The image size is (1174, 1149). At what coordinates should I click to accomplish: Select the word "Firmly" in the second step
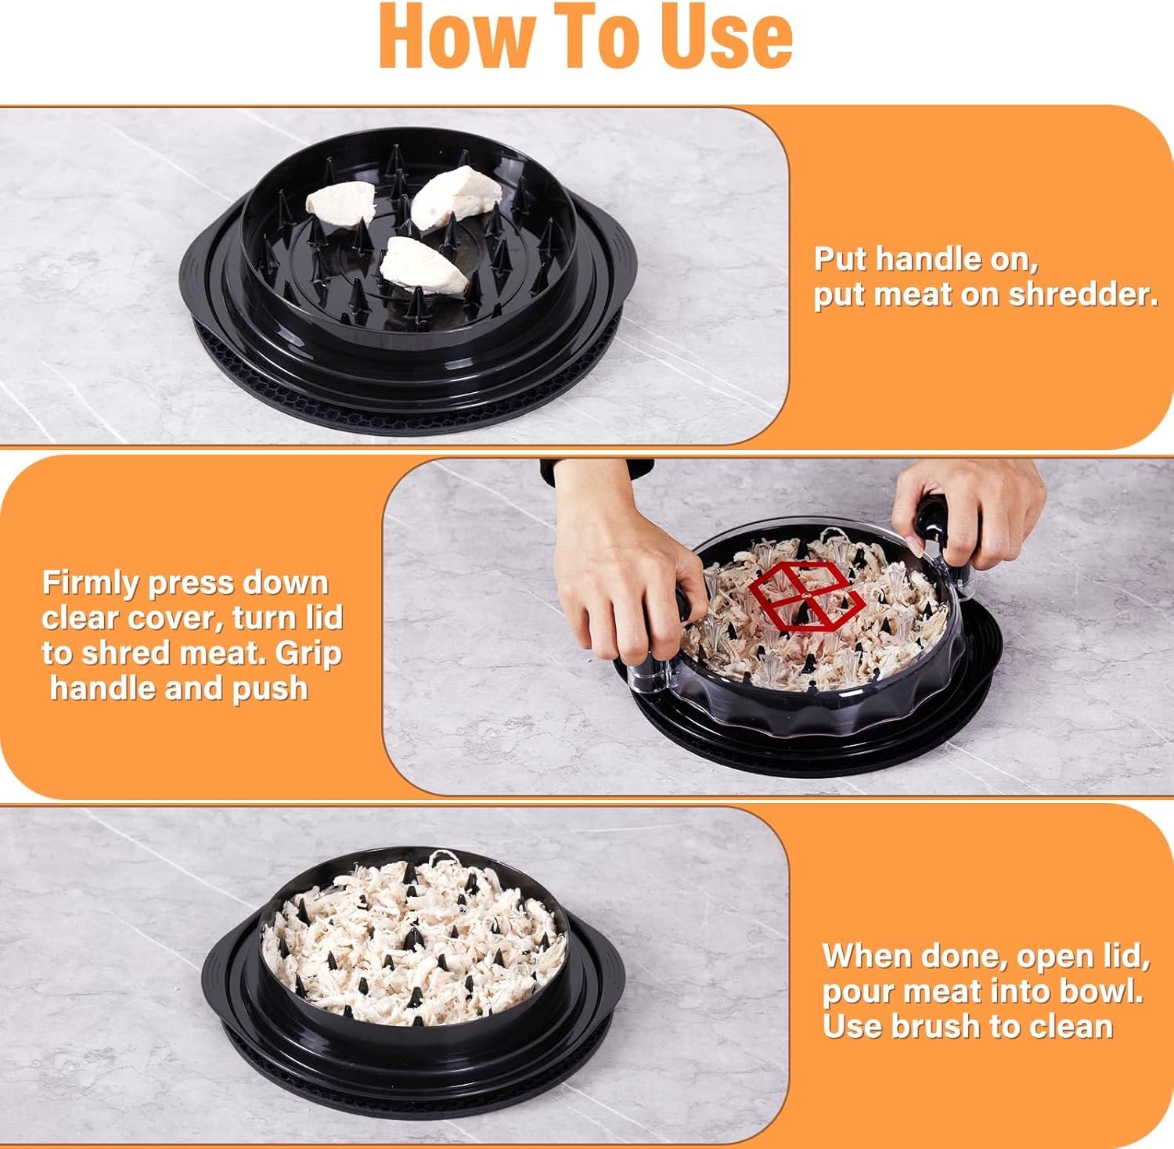click(88, 584)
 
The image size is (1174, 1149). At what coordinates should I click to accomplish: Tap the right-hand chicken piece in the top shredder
click(456, 196)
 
